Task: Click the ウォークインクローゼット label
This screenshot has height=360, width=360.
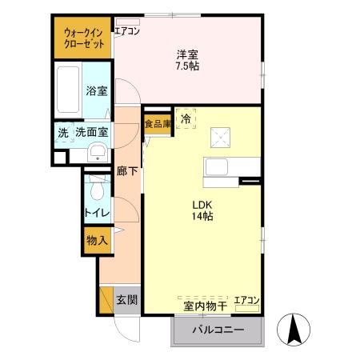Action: tap(84, 39)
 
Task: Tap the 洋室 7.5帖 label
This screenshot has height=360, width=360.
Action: tap(187, 59)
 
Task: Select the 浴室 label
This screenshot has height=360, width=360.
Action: tap(97, 91)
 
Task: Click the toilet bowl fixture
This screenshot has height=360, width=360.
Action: tap(97, 190)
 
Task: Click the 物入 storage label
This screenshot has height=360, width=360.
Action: tap(97, 239)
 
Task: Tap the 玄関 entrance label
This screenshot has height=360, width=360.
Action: tap(126, 300)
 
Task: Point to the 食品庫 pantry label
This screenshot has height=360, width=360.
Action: tap(158, 123)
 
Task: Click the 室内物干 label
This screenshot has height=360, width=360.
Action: tap(206, 305)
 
